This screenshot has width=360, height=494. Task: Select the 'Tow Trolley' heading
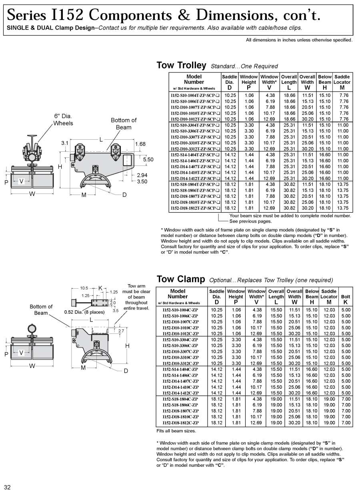click(x=181, y=66)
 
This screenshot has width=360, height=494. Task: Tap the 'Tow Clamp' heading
click(x=181, y=279)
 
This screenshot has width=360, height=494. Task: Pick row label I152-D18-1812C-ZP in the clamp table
click(x=180, y=423)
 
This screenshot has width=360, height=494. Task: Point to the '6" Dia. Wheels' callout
click(x=63, y=119)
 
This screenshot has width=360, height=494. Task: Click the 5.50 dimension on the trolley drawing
click(x=148, y=159)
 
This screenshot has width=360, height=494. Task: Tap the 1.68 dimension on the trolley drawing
click(x=140, y=144)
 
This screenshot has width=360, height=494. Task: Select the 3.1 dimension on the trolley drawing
click(x=64, y=143)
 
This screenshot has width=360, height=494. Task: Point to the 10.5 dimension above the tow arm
click(x=84, y=288)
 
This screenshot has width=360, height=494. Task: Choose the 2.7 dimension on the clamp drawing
click(x=121, y=331)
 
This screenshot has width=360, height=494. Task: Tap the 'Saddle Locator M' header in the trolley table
click(x=342, y=82)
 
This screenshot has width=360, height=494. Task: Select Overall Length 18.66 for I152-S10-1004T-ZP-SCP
click(x=289, y=95)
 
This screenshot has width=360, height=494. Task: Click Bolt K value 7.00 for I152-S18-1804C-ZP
click(x=346, y=399)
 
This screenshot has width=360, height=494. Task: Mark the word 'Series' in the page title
click(x=26, y=15)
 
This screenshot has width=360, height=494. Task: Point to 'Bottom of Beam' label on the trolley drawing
click(x=124, y=123)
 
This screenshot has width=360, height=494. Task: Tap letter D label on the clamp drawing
click(x=126, y=371)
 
